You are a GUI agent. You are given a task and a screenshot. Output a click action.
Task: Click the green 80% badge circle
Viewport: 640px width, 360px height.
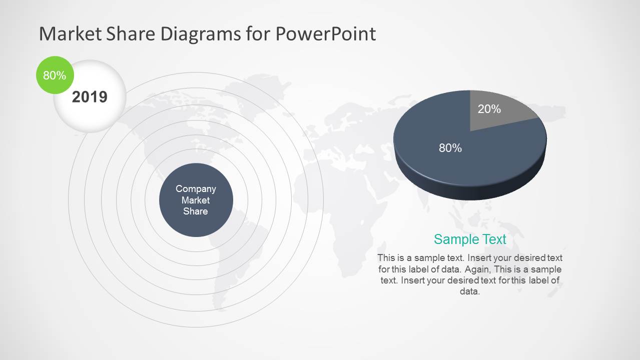(x=55, y=75)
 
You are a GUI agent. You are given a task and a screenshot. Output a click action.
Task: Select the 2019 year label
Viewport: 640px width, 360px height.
(x=90, y=96)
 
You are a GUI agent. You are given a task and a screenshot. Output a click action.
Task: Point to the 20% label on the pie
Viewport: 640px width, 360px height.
(x=489, y=109)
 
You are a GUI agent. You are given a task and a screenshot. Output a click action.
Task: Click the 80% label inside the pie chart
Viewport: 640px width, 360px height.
(x=450, y=148)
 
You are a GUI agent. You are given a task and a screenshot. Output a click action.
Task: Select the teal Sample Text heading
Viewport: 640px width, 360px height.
(x=470, y=239)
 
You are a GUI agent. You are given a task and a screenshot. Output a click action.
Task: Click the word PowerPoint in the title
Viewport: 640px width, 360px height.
(x=325, y=34)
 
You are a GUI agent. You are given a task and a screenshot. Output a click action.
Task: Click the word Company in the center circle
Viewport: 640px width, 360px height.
(x=196, y=188)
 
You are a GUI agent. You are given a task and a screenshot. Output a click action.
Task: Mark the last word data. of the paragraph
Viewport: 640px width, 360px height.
(x=469, y=291)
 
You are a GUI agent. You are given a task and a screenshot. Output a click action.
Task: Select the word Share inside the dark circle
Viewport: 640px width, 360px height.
(x=196, y=211)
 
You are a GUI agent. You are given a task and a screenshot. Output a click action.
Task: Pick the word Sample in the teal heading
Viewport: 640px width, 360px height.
(x=452, y=239)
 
